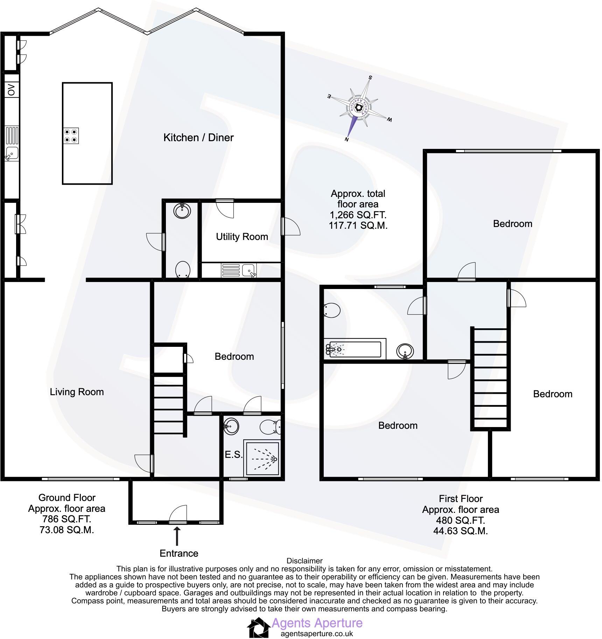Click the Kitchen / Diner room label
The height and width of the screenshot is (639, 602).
click(x=198, y=138)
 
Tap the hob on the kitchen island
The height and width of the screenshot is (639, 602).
click(x=71, y=136)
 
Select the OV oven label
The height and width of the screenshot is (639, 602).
click(x=12, y=90)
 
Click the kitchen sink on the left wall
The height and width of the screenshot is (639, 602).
click(x=12, y=153)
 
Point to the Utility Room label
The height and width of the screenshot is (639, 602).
click(x=242, y=237)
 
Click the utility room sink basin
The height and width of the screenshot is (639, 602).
click(x=249, y=270)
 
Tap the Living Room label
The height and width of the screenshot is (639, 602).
click(x=77, y=392)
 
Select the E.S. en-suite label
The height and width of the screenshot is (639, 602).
click(x=233, y=455)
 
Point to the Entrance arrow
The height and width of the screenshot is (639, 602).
click(x=177, y=537)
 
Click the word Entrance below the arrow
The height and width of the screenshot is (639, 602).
click(x=179, y=554)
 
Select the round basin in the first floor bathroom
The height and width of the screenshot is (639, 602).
click(x=405, y=351)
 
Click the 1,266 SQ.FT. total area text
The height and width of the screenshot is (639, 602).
click(x=358, y=215)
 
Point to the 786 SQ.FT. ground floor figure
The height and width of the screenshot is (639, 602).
click(x=66, y=519)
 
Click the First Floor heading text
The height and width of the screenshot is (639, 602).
click(x=461, y=499)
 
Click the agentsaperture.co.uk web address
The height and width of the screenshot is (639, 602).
click(x=317, y=633)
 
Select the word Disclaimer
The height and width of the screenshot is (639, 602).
click(x=304, y=561)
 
